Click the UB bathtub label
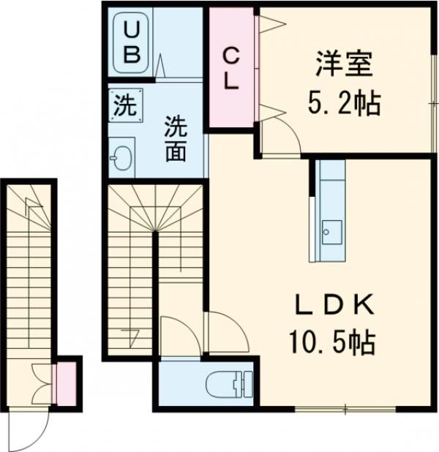click(132, 42)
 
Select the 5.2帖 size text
click(345, 102)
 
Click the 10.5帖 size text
click(332, 342)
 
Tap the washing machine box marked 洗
click(125, 105)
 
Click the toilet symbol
click(229, 384)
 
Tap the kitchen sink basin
click(331, 232)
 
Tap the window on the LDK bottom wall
click(345, 409)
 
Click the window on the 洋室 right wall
click(435, 103)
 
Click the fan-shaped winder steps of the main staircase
click(155, 208)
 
